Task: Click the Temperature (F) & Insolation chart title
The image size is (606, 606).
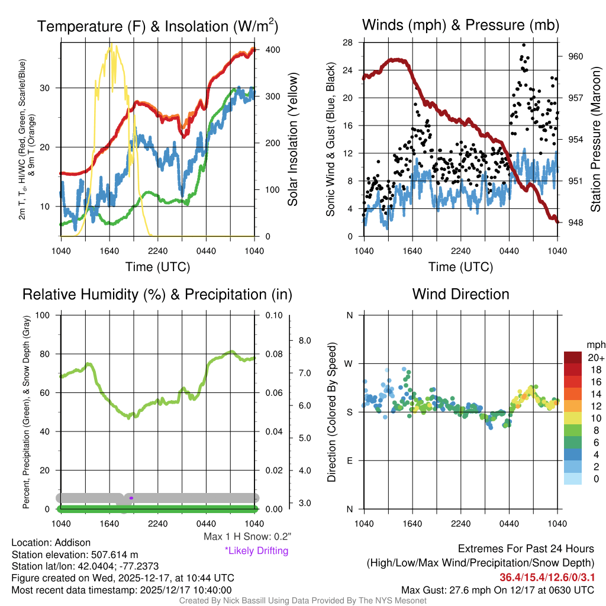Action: [157, 26]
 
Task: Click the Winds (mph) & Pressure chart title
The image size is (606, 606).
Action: [460, 25]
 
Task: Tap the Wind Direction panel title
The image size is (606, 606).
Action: [460, 294]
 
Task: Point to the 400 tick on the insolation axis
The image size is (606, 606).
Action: [273, 50]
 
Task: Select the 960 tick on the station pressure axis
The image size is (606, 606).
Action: [576, 57]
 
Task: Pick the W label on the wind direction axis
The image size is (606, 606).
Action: [349, 363]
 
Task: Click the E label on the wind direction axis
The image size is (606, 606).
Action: [349, 460]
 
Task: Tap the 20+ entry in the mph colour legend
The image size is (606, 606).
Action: [596, 358]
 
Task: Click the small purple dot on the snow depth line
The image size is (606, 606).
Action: [131, 498]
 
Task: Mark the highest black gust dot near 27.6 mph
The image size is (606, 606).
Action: [524, 44]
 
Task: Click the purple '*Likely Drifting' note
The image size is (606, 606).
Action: [256, 551]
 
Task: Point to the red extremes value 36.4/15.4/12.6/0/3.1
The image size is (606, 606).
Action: [547, 577]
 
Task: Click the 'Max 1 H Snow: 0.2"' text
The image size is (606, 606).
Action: [247, 537]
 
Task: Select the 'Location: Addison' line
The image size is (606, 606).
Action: [51, 543]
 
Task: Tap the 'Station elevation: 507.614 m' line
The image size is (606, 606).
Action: [75, 555]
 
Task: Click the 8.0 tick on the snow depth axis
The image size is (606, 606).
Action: [305, 340]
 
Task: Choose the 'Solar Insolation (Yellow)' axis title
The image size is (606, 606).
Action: [293, 139]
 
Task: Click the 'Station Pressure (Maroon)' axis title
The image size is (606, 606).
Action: [595, 140]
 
